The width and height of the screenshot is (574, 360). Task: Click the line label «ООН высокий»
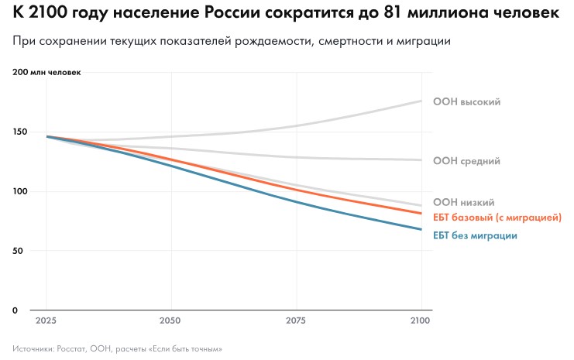(466, 101)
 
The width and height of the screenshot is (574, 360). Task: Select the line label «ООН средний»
(466, 161)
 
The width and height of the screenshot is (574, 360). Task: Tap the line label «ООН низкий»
(463, 203)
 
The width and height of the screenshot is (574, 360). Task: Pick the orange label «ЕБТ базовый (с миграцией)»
(497, 218)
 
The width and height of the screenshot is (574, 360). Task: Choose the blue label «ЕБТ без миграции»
(475, 235)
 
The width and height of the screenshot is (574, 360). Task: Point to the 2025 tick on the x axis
(46, 320)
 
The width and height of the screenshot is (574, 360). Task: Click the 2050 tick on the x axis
(170, 320)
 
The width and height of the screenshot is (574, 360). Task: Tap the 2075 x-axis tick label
(296, 320)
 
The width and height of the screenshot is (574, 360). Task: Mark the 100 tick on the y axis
(20, 191)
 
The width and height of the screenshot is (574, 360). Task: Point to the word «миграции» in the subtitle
(421, 40)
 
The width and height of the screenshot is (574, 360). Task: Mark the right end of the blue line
(421, 229)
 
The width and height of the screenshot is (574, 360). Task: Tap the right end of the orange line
(421, 214)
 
